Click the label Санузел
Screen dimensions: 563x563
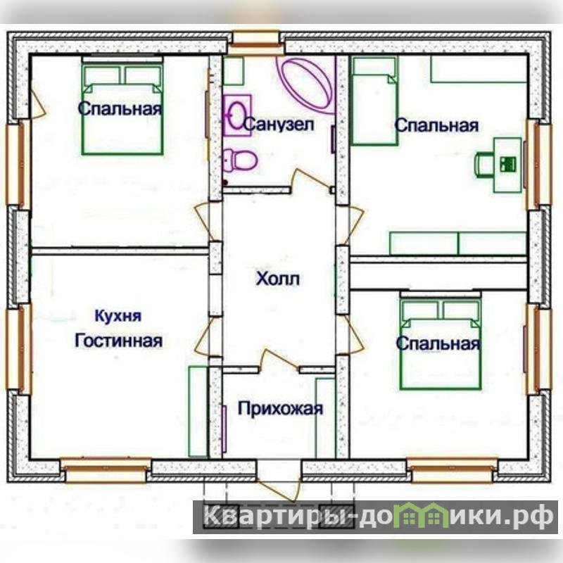tap(279, 125)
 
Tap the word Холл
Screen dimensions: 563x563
tap(278, 278)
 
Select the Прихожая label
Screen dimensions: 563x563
tap(280, 409)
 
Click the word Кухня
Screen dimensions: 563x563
tap(118, 316)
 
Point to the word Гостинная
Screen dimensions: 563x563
tap(118, 341)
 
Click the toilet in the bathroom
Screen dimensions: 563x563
tap(240, 160)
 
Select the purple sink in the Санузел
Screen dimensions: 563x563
tap(237, 115)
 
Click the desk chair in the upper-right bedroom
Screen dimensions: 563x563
tap(484, 164)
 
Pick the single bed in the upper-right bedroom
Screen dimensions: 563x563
tap(374, 101)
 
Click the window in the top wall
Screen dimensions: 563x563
tap(255, 43)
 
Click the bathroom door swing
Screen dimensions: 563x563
tap(312, 179)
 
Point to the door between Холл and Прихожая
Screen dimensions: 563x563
tap(279, 360)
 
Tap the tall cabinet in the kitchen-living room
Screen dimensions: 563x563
tap(198, 412)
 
